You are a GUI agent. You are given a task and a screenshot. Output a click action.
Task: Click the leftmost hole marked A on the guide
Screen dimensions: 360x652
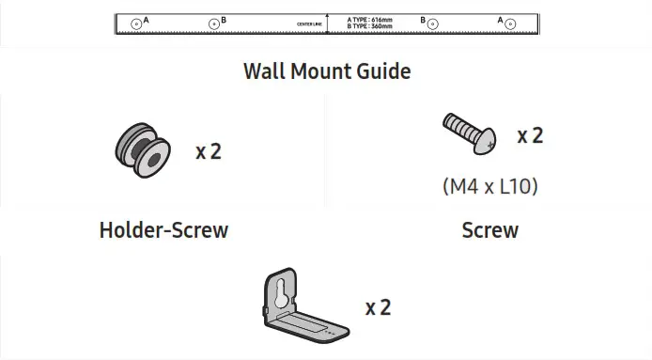click(137, 23)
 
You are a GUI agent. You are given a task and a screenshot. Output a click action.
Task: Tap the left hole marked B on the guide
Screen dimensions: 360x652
click(214, 23)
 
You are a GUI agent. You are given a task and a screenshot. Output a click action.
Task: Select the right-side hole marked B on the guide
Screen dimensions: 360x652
click(433, 23)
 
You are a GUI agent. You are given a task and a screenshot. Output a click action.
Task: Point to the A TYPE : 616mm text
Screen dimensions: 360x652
click(368, 19)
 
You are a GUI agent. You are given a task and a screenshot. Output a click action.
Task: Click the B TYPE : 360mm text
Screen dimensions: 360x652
click(368, 26)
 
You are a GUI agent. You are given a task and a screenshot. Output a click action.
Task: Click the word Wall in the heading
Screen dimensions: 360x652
click(265, 71)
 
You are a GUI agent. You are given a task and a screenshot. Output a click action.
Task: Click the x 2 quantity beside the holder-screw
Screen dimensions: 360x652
click(209, 150)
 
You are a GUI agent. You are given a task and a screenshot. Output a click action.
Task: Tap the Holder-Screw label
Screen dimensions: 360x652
click(163, 229)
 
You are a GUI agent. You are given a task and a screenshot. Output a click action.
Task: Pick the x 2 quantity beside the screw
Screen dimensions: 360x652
click(530, 135)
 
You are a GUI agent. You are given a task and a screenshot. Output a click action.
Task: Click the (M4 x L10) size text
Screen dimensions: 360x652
click(489, 186)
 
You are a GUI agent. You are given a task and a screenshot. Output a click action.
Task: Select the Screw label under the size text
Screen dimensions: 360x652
click(489, 229)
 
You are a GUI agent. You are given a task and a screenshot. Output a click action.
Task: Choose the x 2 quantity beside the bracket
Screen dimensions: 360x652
click(378, 307)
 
